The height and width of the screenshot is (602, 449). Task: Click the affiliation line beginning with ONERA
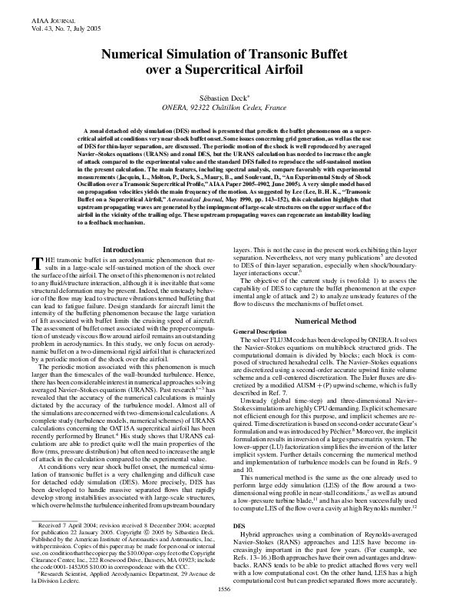pyautogui.click(x=224, y=109)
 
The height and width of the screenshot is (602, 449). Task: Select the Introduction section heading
pyautogui.click(x=123, y=250)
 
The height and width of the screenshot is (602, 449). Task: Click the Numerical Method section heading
pyautogui.click(x=325, y=319)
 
